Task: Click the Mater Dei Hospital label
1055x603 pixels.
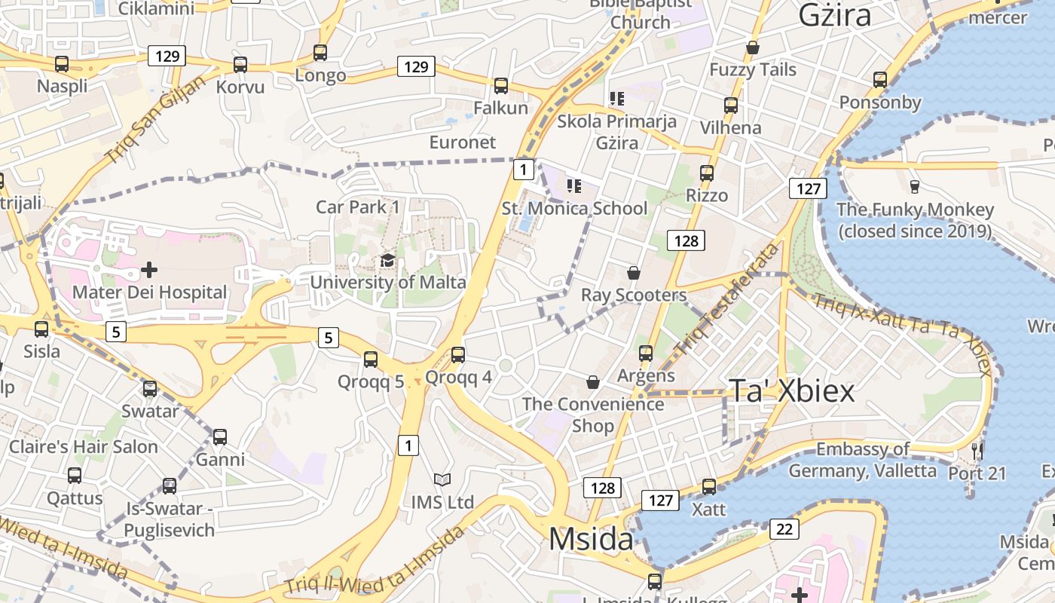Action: pyautogui.click(x=149, y=292)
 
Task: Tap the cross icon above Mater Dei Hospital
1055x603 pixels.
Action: pyautogui.click(x=149, y=269)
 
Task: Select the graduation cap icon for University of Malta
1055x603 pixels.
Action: pyautogui.click(x=387, y=261)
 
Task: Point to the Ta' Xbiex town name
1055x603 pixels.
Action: pyautogui.click(x=792, y=390)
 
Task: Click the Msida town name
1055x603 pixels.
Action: pyautogui.click(x=591, y=539)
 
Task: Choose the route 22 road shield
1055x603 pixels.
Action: pyautogui.click(x=784, y=530)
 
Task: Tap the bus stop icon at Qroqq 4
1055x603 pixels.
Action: pyautogui.click(x=457, y=355)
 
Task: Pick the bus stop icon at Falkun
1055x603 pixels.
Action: pyautogui.click(x=501, y=86)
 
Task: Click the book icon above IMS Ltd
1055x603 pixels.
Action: pyautogui.click(x=442, y=479)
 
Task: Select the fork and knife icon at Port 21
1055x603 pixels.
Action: pyautogui.click(x=977, y=451)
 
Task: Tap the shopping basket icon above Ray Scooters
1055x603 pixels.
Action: pyautogui.click(x=634, y=272)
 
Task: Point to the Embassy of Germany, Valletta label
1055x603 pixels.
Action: pyautogui.click(x=863, y=460)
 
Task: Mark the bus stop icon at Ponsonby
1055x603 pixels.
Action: pyautogui.click(x=880, y=80)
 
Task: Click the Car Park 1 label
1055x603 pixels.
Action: pyautogui.click(x=358, y=207)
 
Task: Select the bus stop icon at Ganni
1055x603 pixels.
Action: pyautogui.click(x=220, y=437)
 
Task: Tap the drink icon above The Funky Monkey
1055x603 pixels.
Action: pyautogui.click(x=915, y=186)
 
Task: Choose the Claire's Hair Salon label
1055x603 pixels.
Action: pyautogui.click(x=84, y=446)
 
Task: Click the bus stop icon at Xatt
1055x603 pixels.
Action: pyautogui.click(x=709, y=487)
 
